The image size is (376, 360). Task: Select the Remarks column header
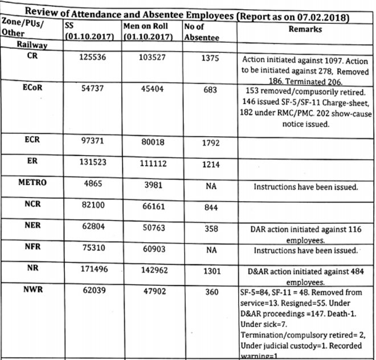pyautogui.click(x=305, y=29)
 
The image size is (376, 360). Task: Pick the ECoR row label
pyautogui.click(x=32, y=88)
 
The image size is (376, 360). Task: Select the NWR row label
pyautogui.click(x=32, y=289)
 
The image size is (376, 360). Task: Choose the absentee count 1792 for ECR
pyautogui.click(x=211, y=143)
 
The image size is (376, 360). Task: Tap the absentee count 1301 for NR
pyautogui.click(x=211, y=272)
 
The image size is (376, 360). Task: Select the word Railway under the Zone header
pyautogui.click(x=32, y=43)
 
